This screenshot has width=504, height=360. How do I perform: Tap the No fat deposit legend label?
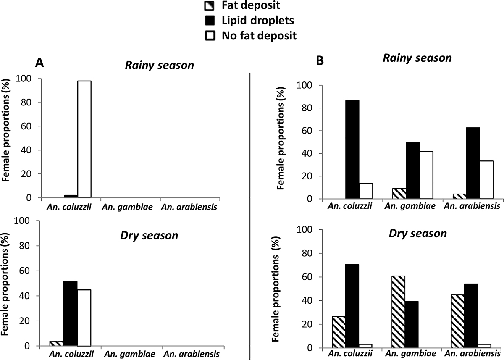pyautogui.click(x=259, y=36)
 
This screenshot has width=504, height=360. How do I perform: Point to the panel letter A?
pyautogui.click(x=39, y=63)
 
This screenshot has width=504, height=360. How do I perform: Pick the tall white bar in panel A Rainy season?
pyautogui.click(x=84, y=139)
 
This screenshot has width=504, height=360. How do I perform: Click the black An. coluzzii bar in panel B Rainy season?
pyautogui.click(x=352, y=150)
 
